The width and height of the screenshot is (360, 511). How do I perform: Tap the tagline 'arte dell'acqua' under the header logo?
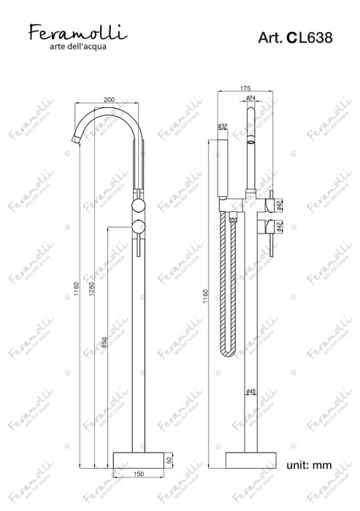pos(78,47)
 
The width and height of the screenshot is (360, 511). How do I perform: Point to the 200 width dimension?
pos(109,99)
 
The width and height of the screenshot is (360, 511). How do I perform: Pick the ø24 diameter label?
pos(250,99)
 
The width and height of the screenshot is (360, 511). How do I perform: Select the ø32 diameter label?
pos(223,126)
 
